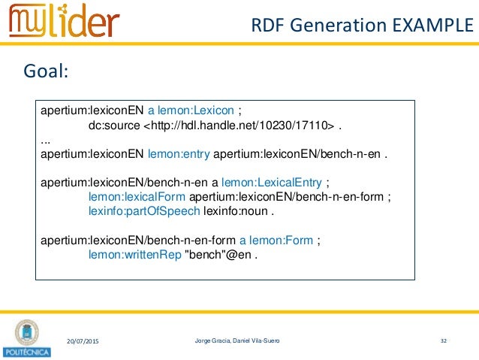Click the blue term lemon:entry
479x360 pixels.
[x=179, y=155]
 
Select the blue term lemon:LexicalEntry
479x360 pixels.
[x=279, y=183]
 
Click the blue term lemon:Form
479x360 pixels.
[x=281, y=241]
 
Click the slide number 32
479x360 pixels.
[x=444, y=342]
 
